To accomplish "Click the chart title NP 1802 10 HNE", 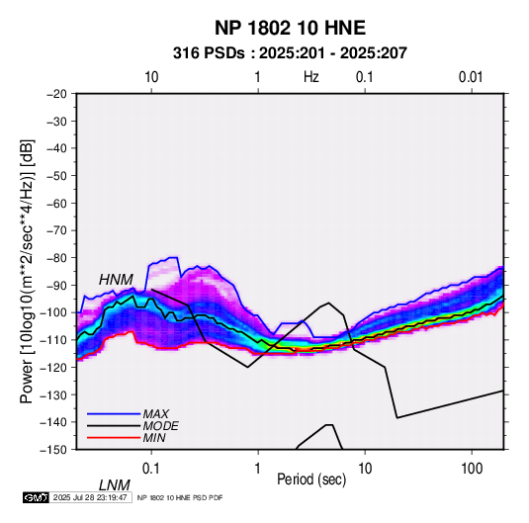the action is [290, 28].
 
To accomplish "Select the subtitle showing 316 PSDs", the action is [290, 53].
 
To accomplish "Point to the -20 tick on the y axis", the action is [56, 94].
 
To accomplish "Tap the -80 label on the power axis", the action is [56, 258].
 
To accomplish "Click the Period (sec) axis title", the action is [311, 479].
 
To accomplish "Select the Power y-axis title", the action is [27, 272].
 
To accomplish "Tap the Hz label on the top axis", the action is [310, 77].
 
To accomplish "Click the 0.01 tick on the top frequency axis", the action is [471, 77].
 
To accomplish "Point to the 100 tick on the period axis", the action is [472, 469].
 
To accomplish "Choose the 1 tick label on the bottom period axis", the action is [257, 469].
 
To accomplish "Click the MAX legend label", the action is [156, 413].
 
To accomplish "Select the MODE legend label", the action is [160, 426].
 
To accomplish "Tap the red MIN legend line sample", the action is [114, 438].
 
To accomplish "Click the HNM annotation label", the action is [116, 280].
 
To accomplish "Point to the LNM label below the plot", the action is [115, 485].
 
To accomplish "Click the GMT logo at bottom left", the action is [36, 497].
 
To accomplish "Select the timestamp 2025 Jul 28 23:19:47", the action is [90, 497].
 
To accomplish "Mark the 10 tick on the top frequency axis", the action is [151, 77].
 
